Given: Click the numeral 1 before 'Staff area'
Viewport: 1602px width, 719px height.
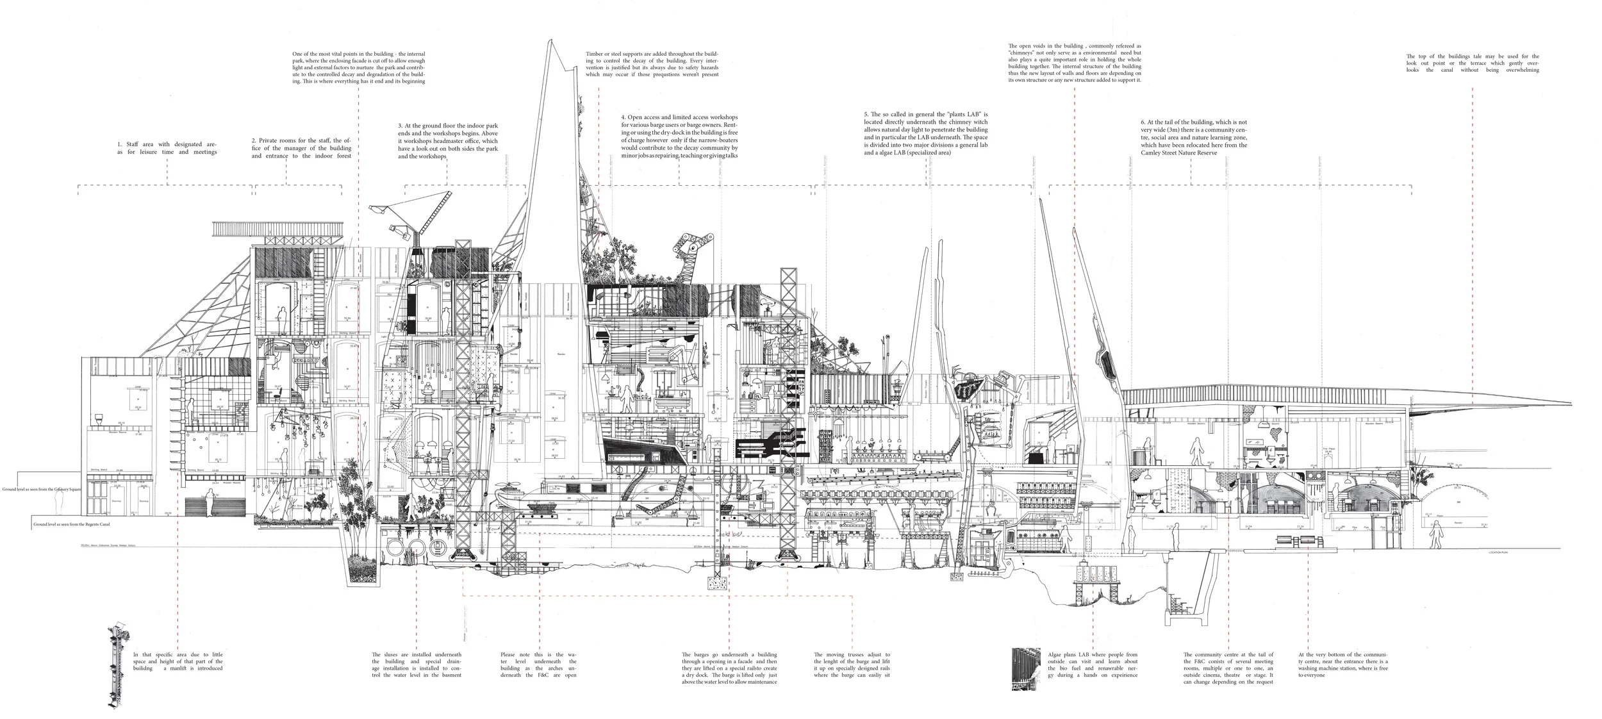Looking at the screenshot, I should coord(119,145).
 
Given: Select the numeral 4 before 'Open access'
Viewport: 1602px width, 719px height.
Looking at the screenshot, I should coord(623,117).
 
